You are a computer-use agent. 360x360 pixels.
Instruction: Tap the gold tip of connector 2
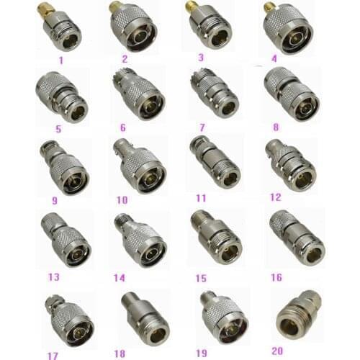coord(114,7)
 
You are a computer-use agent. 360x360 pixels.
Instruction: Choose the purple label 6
coord(123,127)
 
